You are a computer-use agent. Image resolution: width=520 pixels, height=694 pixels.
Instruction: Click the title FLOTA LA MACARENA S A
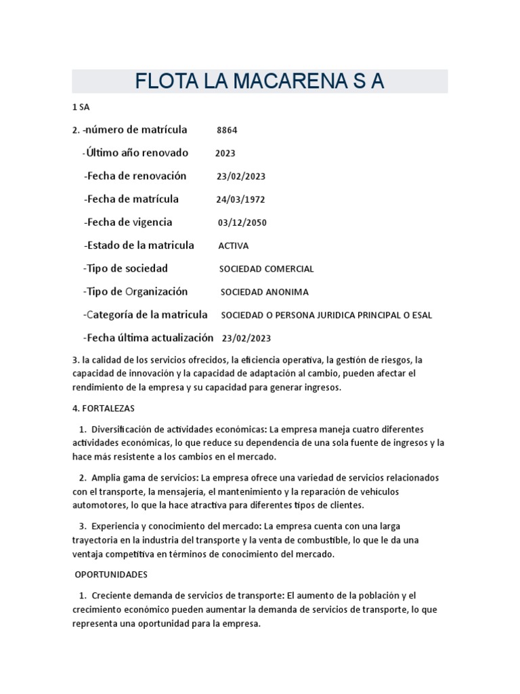pyautogui.click(x=259, y=81)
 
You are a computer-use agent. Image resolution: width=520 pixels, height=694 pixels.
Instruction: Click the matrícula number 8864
pyautogui.click(x=227, y=130)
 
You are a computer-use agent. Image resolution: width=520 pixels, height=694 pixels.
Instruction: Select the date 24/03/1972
pyautogui.click(x=241, y=199)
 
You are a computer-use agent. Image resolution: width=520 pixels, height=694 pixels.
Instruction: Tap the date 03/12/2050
pyautogui.click(x=242, y=222)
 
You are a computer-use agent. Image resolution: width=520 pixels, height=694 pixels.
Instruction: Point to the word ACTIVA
pyautogui.click(x=233, y=246)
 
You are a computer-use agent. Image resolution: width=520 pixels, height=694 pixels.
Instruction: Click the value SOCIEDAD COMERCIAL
pyautogui.click(x=266, y=269)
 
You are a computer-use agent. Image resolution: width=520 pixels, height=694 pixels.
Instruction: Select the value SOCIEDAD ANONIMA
pyautogui.click(x=265, y=292)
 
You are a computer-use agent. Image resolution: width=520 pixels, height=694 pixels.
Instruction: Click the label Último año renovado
pyautogui.click(x=135, y=153)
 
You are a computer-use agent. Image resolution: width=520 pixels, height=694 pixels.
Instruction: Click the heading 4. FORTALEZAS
pyautogui.click(x=104, y=408)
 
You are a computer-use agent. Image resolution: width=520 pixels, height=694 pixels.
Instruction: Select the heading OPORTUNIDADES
pyautogui.click(x=111, y=574)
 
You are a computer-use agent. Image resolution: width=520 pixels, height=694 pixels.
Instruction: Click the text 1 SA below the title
pyautogui.click(x=81, y=107)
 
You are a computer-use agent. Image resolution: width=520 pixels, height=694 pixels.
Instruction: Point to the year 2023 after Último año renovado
pyautogui.click(x=225, y=153)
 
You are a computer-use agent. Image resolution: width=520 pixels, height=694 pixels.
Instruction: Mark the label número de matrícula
pyautogui.click(x=135, y=129)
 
